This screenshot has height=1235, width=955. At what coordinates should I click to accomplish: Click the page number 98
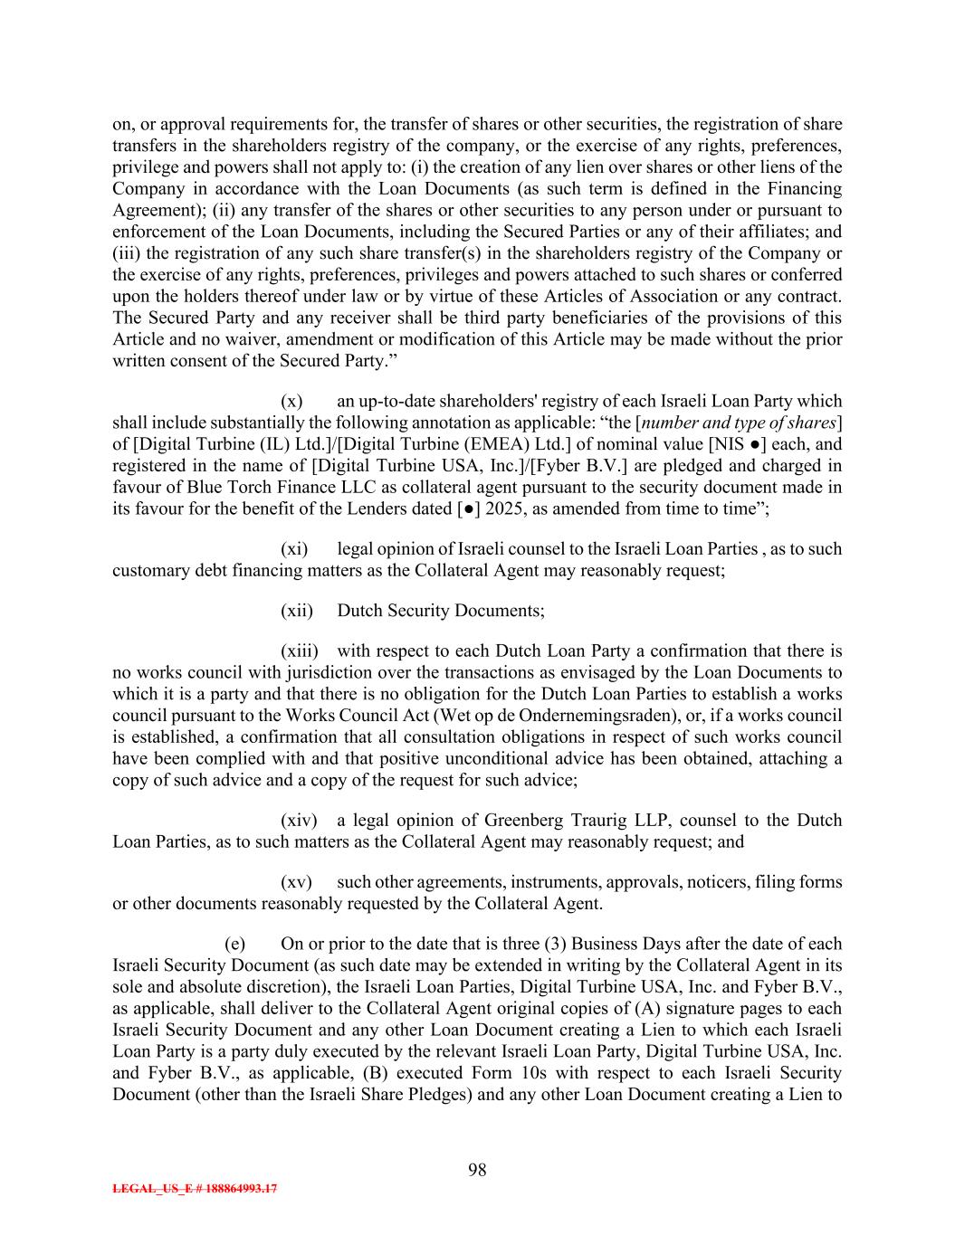(477, 1170)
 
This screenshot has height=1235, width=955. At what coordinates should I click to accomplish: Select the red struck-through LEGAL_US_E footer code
(195, 1189)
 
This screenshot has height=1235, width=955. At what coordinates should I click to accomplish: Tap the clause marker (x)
(291, 401)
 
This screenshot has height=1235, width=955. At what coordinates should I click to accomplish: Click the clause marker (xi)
(294, 549)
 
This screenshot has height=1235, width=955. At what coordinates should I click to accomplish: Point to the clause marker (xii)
(297, 611)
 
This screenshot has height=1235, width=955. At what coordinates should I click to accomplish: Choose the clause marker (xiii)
(300, 651)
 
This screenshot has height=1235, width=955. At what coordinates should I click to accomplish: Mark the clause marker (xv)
(296, 882)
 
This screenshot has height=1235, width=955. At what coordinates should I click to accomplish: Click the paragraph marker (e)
(235, 944)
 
